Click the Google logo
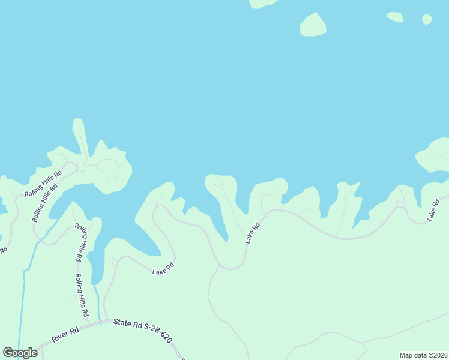(x=20, y=353)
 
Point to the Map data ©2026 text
(x=423, y=355)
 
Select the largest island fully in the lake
(x=313, y=25)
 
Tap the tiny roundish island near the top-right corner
(x=427, y=19)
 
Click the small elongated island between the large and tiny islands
(x=395, y=17)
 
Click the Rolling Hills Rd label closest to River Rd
(x=82, y=295)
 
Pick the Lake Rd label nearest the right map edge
(x=434, y=211)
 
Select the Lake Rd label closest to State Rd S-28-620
(x=163, y=269)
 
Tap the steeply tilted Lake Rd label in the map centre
(x=252, y=233)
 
